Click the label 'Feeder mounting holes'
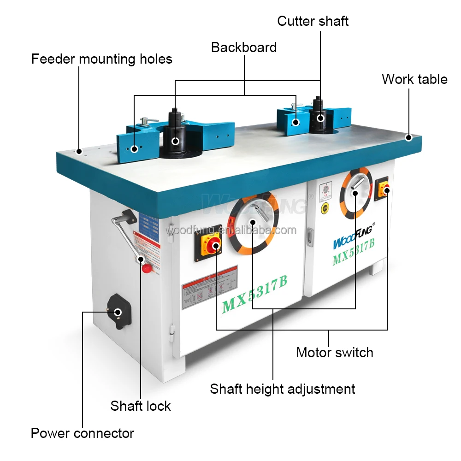coord(102,59)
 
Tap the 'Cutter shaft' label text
coord(313,21)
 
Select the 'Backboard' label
coord(244,47)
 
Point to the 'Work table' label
coord(414,79)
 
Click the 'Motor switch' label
coord(334,353)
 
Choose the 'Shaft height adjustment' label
coord(282,389)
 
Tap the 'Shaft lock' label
coord(140,406)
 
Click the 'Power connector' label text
coord(82,433)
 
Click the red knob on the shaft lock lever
coord(146,268)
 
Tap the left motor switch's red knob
coord(215,245)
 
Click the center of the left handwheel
coord(253,222)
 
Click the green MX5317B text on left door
coord(254,297)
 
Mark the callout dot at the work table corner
coord(408,137)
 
